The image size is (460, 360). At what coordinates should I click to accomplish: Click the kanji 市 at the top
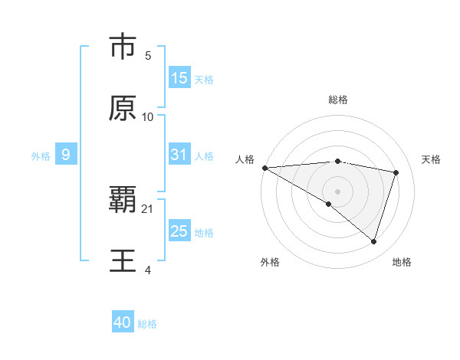[123, 47]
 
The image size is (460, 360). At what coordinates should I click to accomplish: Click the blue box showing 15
[179, 77]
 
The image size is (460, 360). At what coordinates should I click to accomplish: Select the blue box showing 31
[179, 155]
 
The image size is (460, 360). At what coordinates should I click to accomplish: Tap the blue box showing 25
[179, 231]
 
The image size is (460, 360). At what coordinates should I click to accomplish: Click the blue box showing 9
[66, 155]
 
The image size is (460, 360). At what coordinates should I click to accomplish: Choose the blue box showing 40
[123, 322]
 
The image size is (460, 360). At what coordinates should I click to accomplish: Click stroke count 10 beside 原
[148, 117]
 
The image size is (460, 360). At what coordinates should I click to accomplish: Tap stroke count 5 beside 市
[148, 56]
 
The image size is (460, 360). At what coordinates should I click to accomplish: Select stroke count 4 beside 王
[148, 270]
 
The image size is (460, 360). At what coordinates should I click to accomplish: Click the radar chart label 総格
[338, 100]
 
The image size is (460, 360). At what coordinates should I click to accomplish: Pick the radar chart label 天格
[432, 159]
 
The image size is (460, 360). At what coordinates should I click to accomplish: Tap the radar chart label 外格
[270, 262]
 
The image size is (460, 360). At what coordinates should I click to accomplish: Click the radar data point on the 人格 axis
[264, 167]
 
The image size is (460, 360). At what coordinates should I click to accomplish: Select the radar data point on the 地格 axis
[373, 241]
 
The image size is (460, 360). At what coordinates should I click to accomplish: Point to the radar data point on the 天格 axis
[396, 172]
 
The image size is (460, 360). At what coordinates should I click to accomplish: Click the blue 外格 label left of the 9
[41, 155]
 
